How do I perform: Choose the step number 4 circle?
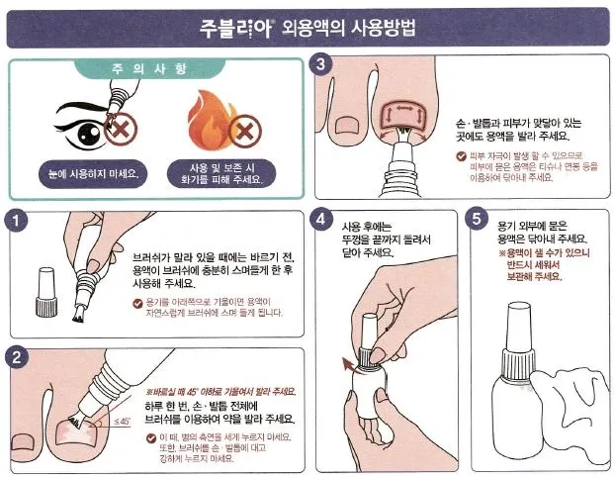click(x=319, y=219)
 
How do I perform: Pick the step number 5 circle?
click(x=479, y=219)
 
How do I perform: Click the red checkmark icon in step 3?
click(x=462, y=156)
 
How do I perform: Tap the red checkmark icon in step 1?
click(x=137, y=301)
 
